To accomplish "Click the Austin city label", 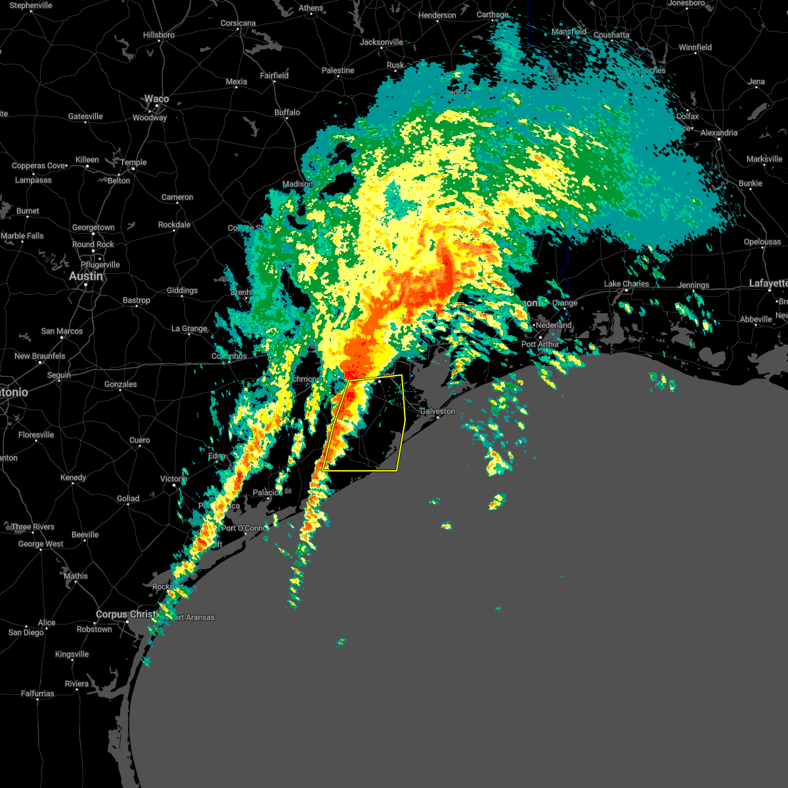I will (86, 276).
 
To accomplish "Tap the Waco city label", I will (156, 99).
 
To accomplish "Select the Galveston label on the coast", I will (437, 411).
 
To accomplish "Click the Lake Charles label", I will (626, 284).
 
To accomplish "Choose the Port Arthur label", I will (540, 344).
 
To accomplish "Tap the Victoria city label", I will (174, 479).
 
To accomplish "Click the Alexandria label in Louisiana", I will (719, 133).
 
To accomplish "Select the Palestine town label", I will (338, 70).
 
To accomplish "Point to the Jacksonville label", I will (382, 42).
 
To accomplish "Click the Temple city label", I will (133, 162).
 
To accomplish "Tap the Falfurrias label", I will (37, 693).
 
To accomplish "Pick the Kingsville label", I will (72, 654).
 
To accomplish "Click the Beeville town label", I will (85, 535).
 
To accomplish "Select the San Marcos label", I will (62, 331).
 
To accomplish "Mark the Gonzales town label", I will (121, 384).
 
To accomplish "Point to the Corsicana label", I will (238, 23).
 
